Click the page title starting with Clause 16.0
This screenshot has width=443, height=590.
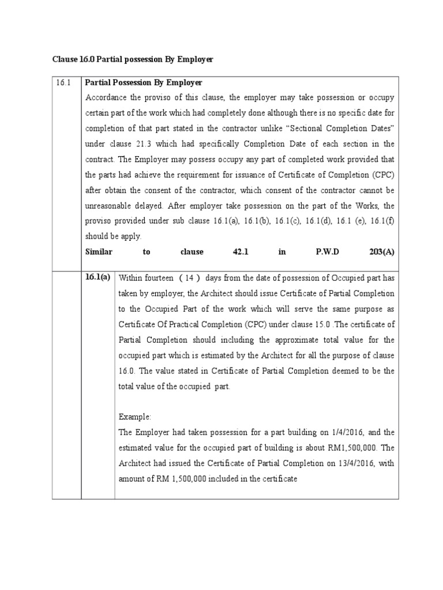(133, 59)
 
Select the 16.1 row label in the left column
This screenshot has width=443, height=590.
(63, 83)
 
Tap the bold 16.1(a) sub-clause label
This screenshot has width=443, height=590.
(97, 277)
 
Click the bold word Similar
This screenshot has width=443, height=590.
(99, 252)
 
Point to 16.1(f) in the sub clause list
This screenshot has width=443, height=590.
(381, 221)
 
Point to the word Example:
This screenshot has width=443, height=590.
(134, 417)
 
